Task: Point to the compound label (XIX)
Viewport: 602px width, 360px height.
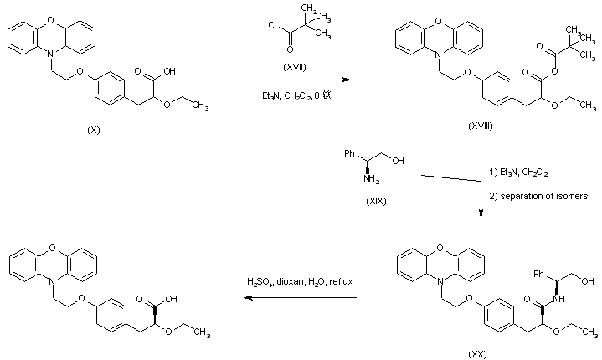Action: click(373, 203)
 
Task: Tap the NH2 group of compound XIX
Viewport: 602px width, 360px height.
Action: click(370, 177)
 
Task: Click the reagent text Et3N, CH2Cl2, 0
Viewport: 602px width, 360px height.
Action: click(296, 95)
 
